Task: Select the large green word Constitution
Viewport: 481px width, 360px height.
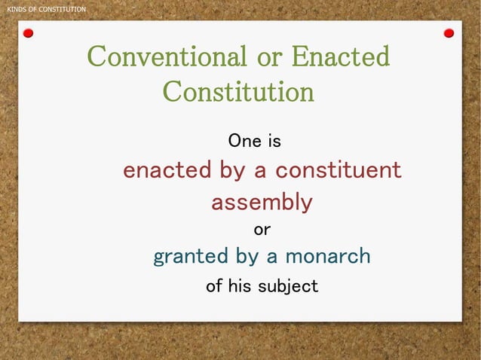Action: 238,92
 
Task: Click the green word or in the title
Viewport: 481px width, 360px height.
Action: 269,56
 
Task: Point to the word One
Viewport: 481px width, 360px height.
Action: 244,141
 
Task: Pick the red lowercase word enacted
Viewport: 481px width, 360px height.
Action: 167,170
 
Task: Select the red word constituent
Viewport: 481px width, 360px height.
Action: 338,170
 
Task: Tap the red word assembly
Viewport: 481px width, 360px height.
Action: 261,203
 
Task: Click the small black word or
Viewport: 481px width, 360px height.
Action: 262,229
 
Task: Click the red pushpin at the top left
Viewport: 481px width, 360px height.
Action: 28,33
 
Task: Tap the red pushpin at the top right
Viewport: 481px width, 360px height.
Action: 449,33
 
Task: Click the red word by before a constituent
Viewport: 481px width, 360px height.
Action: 233,171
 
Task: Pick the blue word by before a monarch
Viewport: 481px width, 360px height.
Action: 247,257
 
